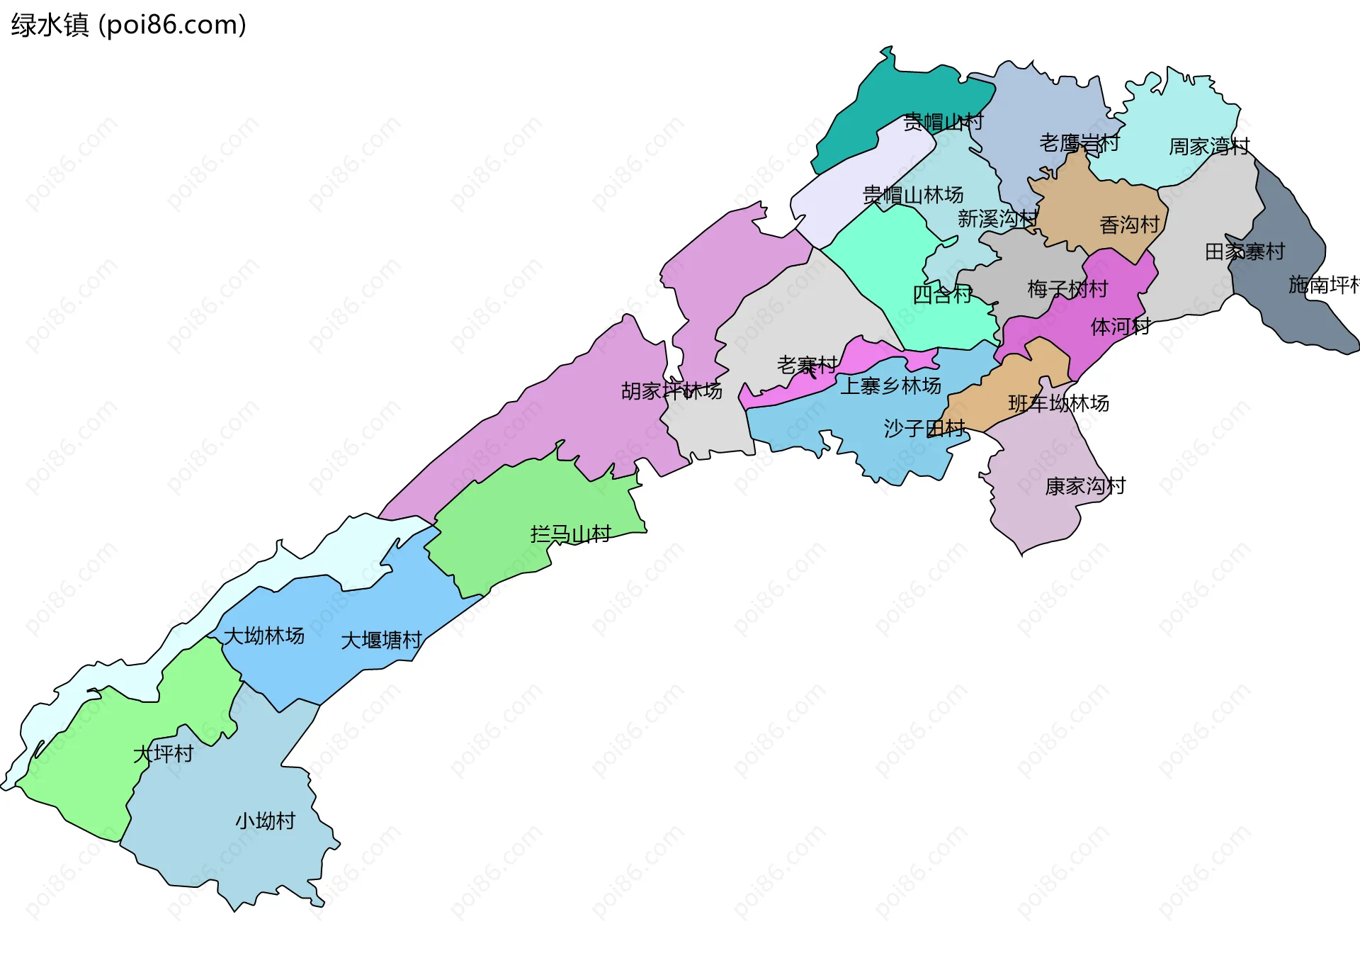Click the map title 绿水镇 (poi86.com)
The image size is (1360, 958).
pyautogui.click(x=128, y=25)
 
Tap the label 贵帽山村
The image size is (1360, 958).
pyautogui.click(x=943, y=122)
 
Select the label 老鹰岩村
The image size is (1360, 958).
pyautogui.click(x=1078, y=143)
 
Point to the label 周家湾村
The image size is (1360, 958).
pyautogui.click(x=1208, y=147)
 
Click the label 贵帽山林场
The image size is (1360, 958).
pyautogui.click(x=912, y=194)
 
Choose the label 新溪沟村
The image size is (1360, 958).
pyautogui.click(x=997, y=218)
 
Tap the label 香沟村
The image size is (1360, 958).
pyautogui.click(x=1129, y=225)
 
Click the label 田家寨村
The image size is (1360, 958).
pyautogui.click(x=1244, y=252)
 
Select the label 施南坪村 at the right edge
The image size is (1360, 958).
pyautogui.click(x=1323, y=285)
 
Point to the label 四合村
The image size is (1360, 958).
pyautogui.click(x=942, y=294)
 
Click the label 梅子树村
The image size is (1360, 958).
pyautogui.click(x=1067, y=288)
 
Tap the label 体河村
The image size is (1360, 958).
pyautogui.click(x=1120, y=327)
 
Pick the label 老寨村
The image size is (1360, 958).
pyautogui.click(x=807, y=365)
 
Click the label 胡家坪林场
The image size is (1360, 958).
pyautogui.click(x=671, y=390)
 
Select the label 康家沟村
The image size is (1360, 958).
pyautogui.click(x=1084, y=486)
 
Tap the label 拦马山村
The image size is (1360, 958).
pyautogui.click(x=570, y=534)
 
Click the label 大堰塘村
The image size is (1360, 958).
pyautogui.click(x=381, y=641)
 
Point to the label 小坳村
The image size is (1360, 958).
pyautogui.click(x=265, y=821)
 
